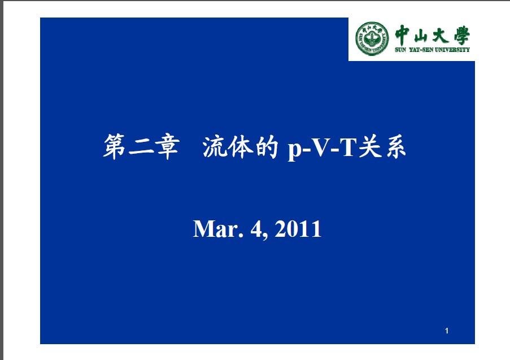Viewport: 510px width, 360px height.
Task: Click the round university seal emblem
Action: pos(372,38)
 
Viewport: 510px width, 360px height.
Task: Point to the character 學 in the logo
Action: pos(461,35)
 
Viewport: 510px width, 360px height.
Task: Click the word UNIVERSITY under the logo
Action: pos(452,50)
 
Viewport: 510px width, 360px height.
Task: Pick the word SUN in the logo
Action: pos(400,50)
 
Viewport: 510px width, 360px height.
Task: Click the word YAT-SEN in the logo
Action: pos(421,50)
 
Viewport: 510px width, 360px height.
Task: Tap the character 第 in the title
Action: pos(114,146)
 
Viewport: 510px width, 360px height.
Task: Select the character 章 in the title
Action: pos(167,146)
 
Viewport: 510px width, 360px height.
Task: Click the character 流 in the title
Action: pos(215,147)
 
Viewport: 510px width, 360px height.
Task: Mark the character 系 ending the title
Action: pos(395,147)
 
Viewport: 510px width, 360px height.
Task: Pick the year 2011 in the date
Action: pos(298,229)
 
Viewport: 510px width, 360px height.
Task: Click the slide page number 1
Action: pos(447,331)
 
